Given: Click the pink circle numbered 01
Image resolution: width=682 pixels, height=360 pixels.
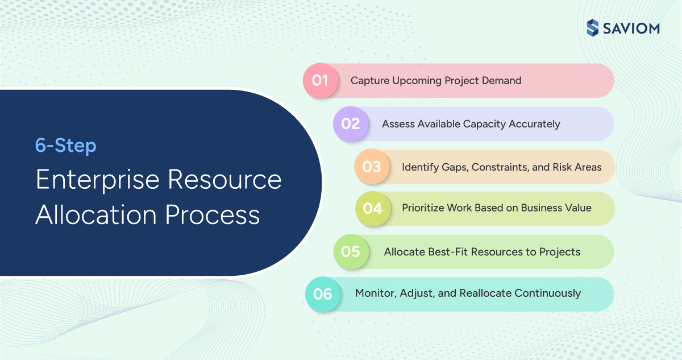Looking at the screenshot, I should [x=320, y=81].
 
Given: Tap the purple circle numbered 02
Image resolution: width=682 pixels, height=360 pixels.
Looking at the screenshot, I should [x=351, y=123].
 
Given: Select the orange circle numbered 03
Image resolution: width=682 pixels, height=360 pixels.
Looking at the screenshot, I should [x=372, y=167].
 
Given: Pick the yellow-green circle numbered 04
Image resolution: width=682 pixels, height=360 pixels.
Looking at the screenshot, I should [x=373, y=208].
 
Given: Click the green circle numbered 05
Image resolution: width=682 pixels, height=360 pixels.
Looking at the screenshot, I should [x=351, y=251].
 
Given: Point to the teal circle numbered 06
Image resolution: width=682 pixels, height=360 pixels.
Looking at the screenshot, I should [x=323, y=294].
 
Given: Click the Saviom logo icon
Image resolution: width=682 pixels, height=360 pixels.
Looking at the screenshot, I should [x=593, y=27].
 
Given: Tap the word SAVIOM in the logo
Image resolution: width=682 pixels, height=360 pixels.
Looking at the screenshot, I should [x=632, y=27].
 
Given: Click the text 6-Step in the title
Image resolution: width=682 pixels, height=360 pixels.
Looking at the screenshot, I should [x=66, y=146].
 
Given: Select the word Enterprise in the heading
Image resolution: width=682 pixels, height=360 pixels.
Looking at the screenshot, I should [x=97, y=180].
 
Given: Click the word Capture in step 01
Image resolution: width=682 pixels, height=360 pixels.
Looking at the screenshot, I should [x=370, y=81].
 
